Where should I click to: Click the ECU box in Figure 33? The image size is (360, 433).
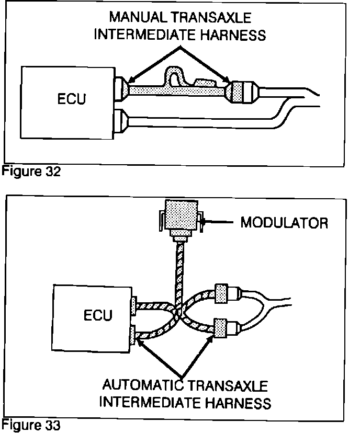pyautogui.click(x=91, y=316)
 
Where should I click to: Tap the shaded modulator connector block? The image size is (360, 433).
pyautogui.click(x=180, y=215)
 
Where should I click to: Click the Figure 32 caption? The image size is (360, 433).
pyautogui.click(x=31, y=172)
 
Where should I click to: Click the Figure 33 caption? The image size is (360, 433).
pyautogui.click(x=31, y=425)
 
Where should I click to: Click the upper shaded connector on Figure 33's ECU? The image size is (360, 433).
pyautogui.click(x=133, y=306)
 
